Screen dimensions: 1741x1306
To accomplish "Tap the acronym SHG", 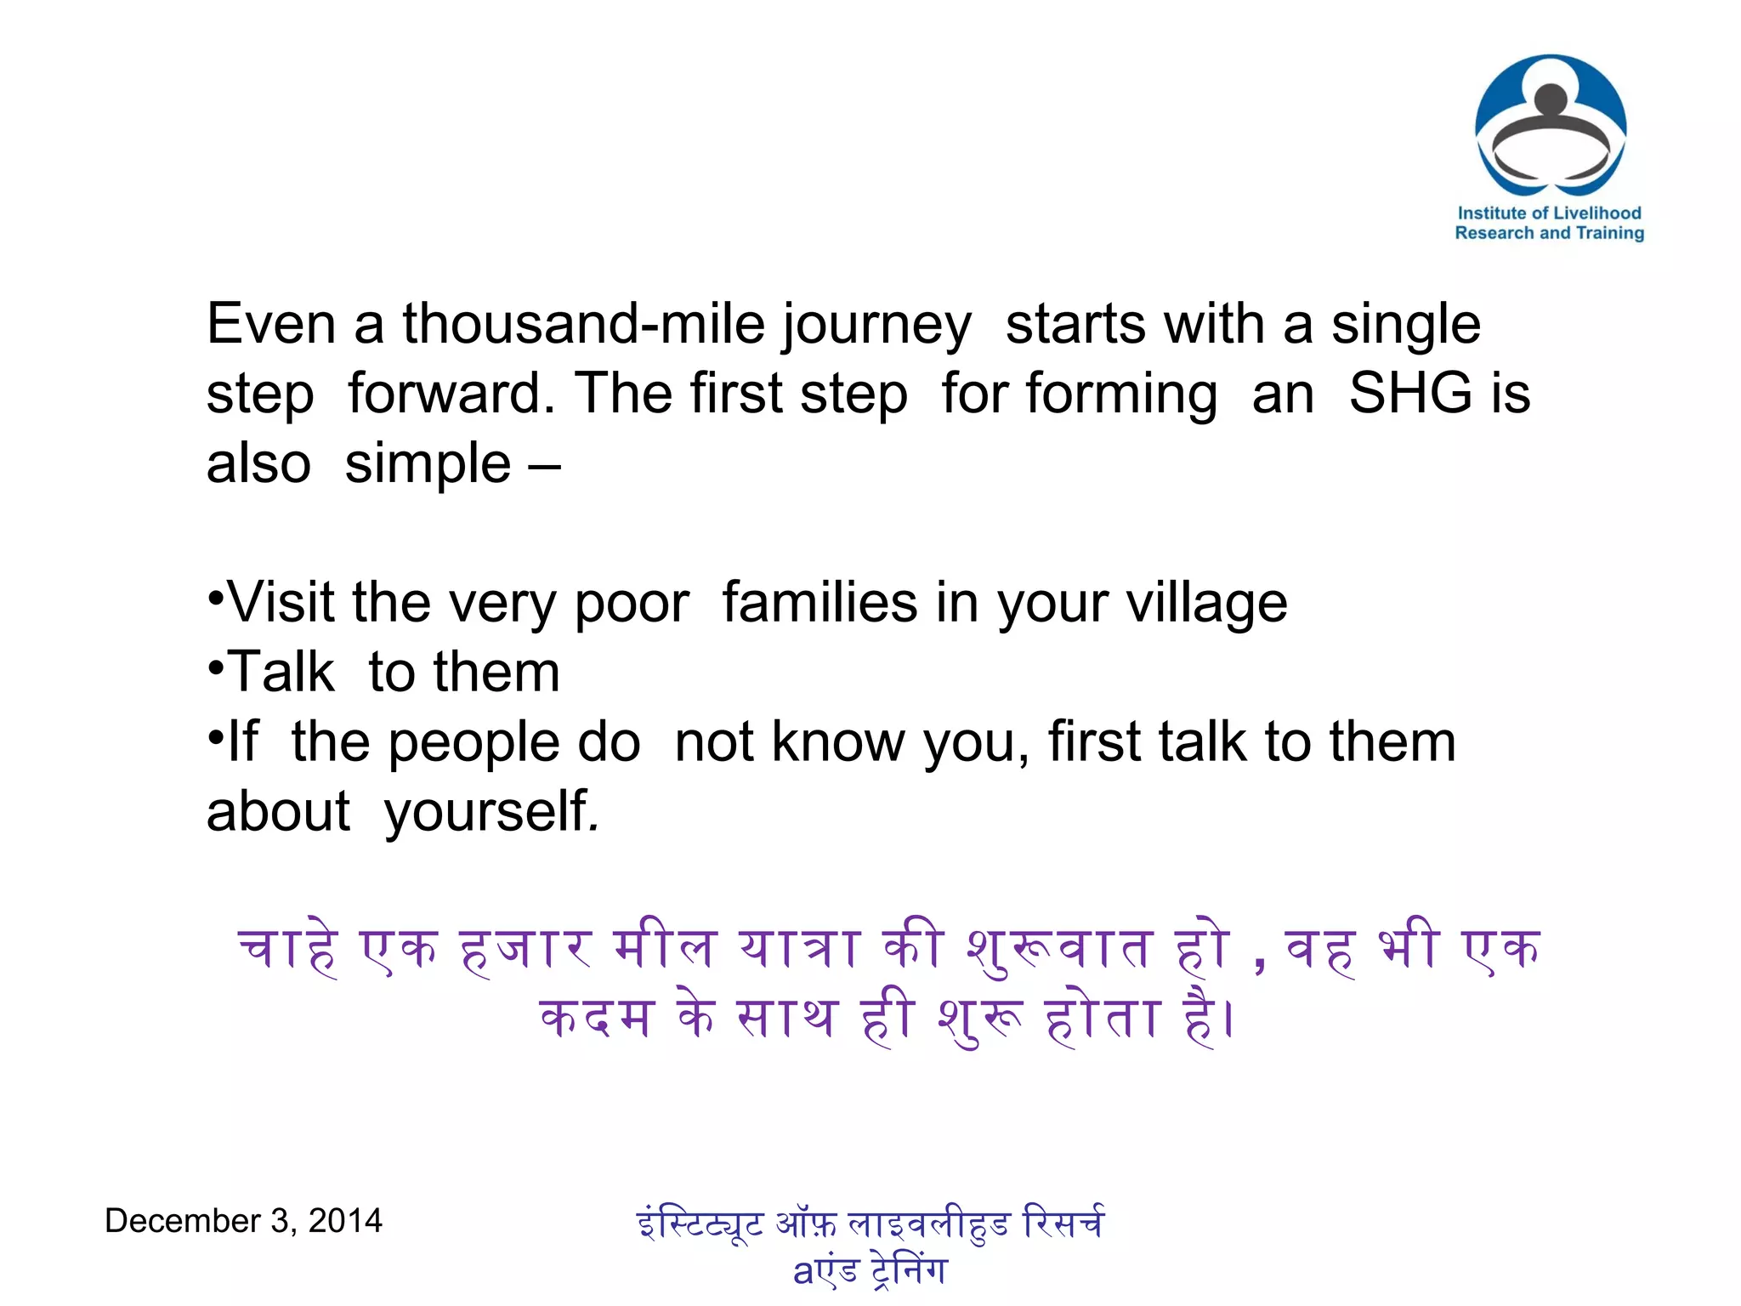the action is coord(1410,394).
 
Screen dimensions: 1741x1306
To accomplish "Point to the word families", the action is coord(819,603).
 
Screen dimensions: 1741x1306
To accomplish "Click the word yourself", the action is coord(491,813).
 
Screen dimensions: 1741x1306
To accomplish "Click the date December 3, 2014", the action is coord(243,1221).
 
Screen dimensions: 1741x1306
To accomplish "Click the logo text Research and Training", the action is coord(1549,233).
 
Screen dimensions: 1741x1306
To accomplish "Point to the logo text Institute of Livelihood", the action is coord(1549,213).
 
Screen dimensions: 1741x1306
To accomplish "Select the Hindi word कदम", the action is coord(596,1018).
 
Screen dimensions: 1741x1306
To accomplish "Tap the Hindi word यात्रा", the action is coord(798,948).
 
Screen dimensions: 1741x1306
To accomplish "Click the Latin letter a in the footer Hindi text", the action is coord(803,1271).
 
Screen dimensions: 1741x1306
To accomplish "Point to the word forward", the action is coord(451,394).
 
